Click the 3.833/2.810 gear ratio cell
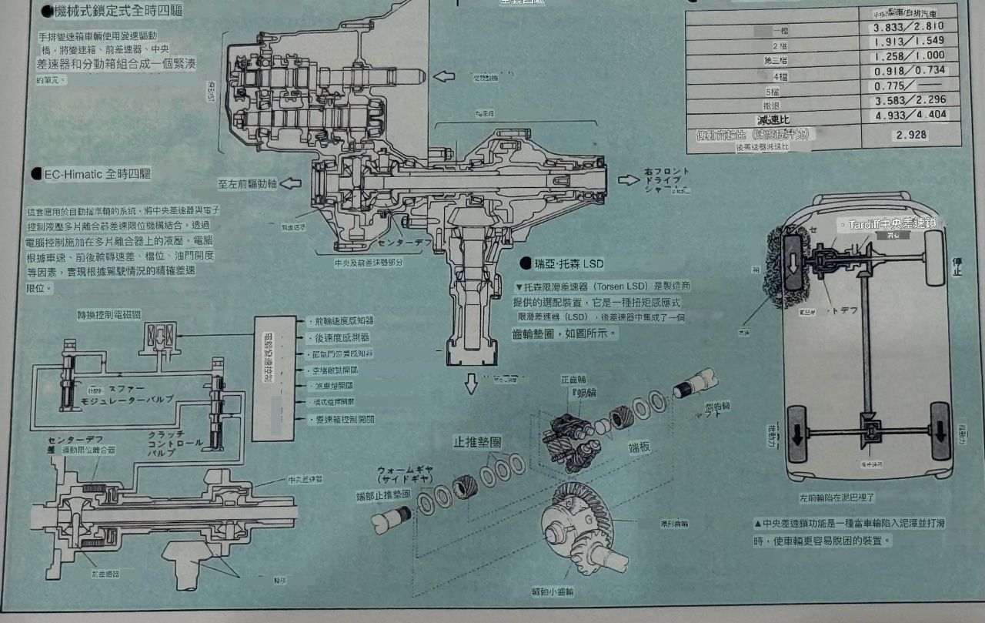[909, 27]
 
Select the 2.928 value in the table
[911, 135]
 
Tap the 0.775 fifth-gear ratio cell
[909, 86]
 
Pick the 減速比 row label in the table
[773, 119]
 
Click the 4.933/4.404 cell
[909, 116]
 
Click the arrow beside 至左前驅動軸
[291, 184]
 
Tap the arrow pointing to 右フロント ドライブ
[629, 180]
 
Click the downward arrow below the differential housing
[472, 384]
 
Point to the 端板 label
[640, 446]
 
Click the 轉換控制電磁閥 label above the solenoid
[109, 315]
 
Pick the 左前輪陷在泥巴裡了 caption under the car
[837, 498]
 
